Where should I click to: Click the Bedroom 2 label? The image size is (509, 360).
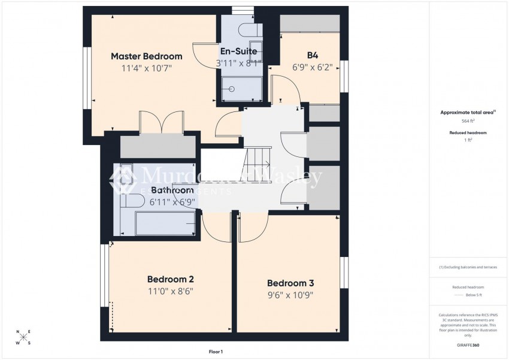pyautogui.click(x=170, y=279)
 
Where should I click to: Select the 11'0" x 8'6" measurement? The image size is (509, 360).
pyautogui.click(x=170, y=292)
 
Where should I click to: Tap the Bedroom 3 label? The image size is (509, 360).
pyautogui.click(x=290, y=283)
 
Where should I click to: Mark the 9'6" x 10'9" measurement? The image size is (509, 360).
pyautogui.click(x=290, y=295)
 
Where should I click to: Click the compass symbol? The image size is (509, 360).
pyautogui.click(x=23, y=337)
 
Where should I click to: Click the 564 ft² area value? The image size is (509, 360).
pyautogui.click(x=468, y=120)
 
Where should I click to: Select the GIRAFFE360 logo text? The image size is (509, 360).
pyautogui.click(x=468, y=346)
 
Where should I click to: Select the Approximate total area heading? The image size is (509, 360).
pyautogui.click(x=468, y=112)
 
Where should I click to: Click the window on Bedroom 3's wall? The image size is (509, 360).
pyautogui.click(x=344, y=273)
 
